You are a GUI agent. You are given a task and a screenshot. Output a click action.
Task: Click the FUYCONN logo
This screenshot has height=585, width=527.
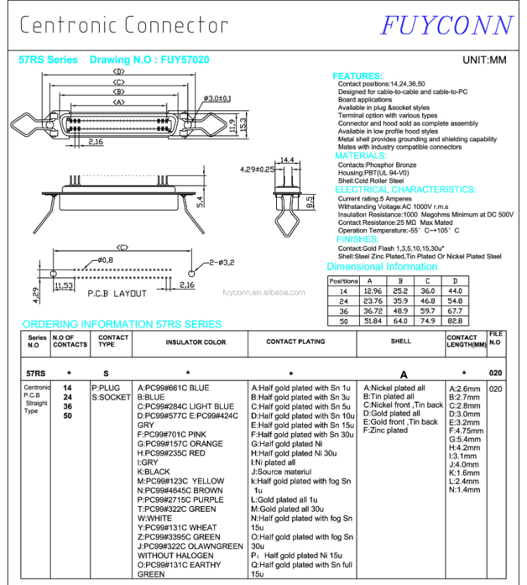point(447,25)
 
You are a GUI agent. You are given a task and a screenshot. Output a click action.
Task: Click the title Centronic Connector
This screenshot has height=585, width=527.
point(124,25)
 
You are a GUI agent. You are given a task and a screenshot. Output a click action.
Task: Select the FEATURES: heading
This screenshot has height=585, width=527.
point(357,76)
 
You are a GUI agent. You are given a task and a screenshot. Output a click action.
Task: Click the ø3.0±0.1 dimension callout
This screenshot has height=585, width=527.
point(217,98)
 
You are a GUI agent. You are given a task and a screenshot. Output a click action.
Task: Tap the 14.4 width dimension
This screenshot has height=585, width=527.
point(287,160)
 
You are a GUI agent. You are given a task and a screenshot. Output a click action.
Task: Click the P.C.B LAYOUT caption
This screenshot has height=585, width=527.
point(117,293)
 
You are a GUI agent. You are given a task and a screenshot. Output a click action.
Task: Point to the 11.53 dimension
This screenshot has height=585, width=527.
point(64,285)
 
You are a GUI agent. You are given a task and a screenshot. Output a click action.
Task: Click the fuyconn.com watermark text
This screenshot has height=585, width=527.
point(263,292)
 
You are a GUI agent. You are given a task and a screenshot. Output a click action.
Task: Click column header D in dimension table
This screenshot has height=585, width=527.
point(455,281)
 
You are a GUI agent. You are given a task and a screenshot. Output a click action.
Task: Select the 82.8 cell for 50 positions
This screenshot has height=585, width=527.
point(455,321)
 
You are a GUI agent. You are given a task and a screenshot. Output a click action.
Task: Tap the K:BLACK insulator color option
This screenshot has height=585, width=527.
point(154,472)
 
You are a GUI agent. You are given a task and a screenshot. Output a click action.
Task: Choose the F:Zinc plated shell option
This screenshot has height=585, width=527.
point(385,430)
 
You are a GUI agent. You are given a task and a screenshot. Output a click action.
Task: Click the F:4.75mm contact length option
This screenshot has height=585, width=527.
point(467,431)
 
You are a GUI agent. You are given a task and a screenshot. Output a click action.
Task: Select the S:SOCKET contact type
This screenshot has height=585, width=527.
point(111,397)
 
